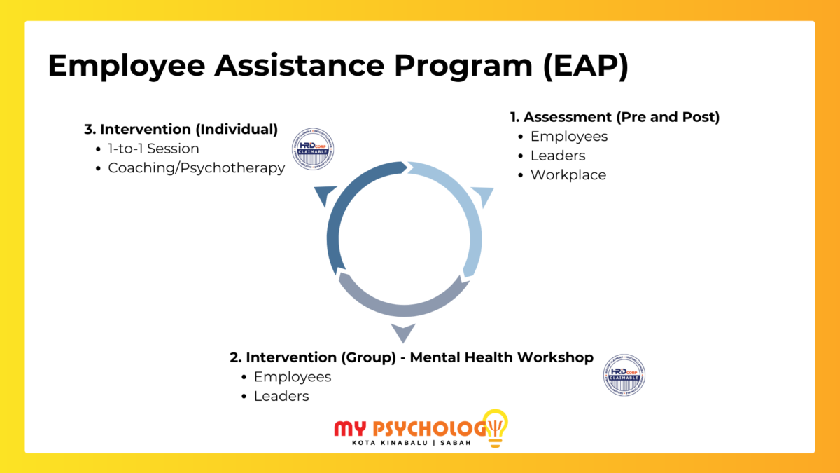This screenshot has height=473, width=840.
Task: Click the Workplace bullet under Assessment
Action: click(x=568, y=174)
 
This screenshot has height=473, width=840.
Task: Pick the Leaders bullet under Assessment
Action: click(x=558, y=156)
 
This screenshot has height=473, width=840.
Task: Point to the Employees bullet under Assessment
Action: click(x=569, y=136)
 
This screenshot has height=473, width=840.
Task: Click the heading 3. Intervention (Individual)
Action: click(x=181, y=129)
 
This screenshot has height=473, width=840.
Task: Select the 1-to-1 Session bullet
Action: click(x=153, y=149)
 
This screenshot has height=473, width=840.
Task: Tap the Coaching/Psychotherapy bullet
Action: click(x=196, y=168)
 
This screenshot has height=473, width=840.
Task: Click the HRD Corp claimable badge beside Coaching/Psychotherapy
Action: click(x=312, y=148)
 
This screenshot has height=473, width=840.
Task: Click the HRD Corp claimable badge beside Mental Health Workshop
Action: click(x=624, y=375)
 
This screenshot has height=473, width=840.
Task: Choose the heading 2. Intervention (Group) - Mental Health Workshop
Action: click(x=412, y=357)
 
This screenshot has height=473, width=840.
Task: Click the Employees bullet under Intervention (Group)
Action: click(x=292, y=376)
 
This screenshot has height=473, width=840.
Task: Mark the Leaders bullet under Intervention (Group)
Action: click(x=281, y=396)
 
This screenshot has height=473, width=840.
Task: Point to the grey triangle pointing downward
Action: click(x=402, y=332)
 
